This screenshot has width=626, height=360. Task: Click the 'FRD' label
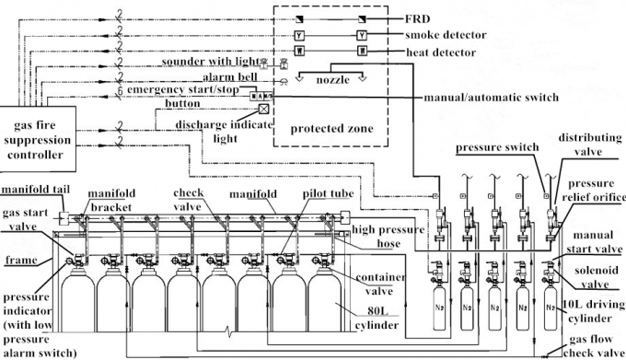[x=420, y=18]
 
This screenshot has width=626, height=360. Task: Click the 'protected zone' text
[x=332, y=129]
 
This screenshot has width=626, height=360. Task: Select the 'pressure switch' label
[x=498, y=148]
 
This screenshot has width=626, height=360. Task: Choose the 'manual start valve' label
[x=593, y=242]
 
